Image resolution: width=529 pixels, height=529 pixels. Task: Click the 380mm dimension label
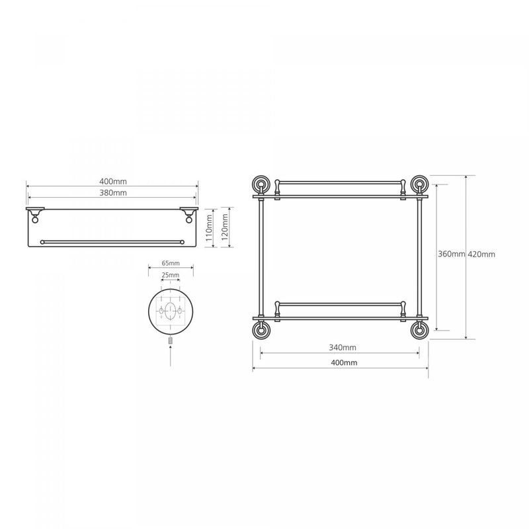point(113,192)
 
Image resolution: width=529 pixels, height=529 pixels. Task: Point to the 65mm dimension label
point(171,263)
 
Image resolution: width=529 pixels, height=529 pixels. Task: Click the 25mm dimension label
point(171,275)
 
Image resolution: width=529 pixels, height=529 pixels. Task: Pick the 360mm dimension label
point(452,254)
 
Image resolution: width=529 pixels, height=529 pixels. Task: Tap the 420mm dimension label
point(481,255)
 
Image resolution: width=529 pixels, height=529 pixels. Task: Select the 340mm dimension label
point(343,347)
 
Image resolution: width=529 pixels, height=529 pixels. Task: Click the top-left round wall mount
point(261,184)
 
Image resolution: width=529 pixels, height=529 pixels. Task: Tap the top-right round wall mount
point(419,184)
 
